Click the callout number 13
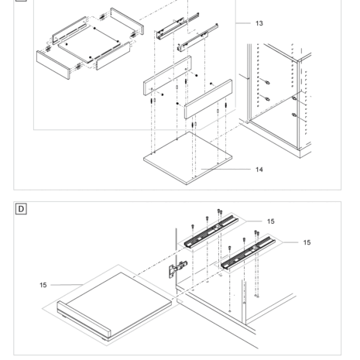(259, 23)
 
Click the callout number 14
(259, 170)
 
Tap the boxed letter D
(21, 209)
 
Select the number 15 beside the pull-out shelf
(43, 285)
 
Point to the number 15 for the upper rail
(271, 221)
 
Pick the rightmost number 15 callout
(307, 242)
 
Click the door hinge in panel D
(178, 269)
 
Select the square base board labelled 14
(188, 158)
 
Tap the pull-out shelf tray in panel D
(114, 307)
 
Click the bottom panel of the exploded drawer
(89, 44)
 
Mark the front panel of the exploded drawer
(53, 65)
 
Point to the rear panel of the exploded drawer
(127, 21)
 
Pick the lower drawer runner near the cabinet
(197, 37)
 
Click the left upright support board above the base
(167, 76)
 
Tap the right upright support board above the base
(208, 99)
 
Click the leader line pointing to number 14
(225, 170)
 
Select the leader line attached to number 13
(243, 23)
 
